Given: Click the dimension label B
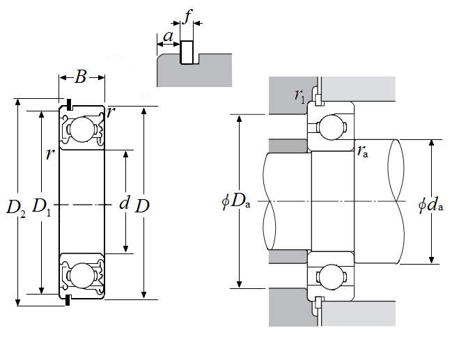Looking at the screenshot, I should (80, 77).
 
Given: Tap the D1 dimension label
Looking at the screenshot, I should (41, 207).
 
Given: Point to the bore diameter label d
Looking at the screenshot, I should (125, 203).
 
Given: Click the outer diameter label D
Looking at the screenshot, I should (143, 206).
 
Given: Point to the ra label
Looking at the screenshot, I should (362, 150).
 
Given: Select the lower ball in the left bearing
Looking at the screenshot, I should (81, 272).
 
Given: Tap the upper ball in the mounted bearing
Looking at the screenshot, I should (332, 127).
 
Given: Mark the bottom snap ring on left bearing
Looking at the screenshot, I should (68, 302).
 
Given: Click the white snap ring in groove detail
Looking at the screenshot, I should (187, 52).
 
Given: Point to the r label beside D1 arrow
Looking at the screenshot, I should (49, 154).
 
